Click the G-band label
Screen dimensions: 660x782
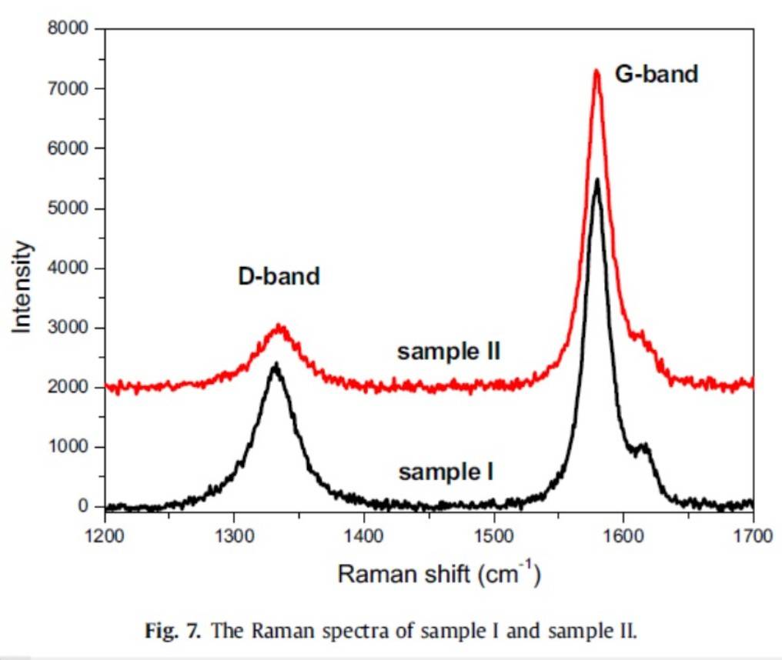click(x=656, y=75)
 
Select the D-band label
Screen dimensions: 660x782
click(x=278, y=276)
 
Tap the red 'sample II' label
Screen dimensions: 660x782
click(x=449, y=352)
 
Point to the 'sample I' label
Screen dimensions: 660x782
click(x=446, y=472)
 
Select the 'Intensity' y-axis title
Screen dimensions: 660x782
click(x=23, y=286)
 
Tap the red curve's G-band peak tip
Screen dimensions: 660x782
click(x=597, y=71)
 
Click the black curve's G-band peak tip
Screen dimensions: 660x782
click(x=597, y=180)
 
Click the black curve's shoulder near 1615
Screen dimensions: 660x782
click(x=643, y=445)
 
